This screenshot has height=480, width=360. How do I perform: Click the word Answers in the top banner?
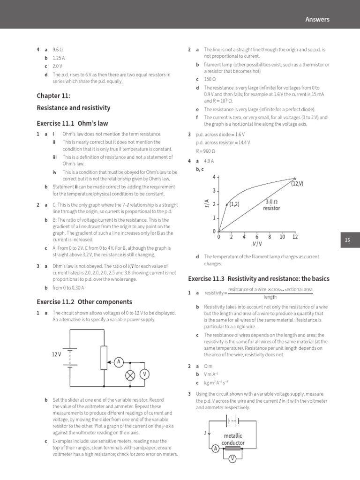pyautogui.click(x=317, y=19)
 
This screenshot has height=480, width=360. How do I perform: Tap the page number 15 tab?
pyautogui.click(x=347, y=240)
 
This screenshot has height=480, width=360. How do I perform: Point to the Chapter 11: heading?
pyautogui.click(x=53, y=96)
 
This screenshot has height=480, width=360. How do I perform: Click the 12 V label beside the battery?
pyautogui.click(x=57, y=354)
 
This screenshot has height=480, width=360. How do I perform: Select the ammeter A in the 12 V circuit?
pyautogui.click(x=119, y=361)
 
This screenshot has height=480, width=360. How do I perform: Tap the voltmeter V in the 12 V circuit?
pyautogui.click(x=145, y=374)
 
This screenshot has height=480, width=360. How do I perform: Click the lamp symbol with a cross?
pyautogui.click(x=130, y=374)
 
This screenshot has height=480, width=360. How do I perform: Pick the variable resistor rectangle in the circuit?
pyautogui.click(x=104, y=357)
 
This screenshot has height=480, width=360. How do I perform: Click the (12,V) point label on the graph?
pyautogui.click(x=297, y=184)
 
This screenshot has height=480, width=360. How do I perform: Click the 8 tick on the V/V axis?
pyautogui.click(x=270, y=237)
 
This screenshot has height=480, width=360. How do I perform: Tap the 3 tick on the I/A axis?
pyautogui.click(x=214, y=191)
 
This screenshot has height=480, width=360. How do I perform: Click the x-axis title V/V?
pyautogui.click(x=257, y=244)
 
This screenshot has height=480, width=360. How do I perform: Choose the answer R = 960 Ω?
pyautogui.click(x=205, y=151)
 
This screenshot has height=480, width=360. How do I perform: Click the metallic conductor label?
pyautogui.click(x=233, y=440)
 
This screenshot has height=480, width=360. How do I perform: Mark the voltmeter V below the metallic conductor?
pyautogui.click(x=232, y=459)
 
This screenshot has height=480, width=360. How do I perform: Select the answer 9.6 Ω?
pyautogui.click(x=58, y=49)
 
